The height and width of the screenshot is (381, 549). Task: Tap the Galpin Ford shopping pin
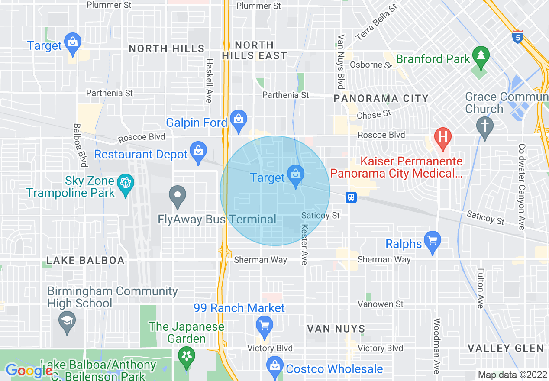[x=238, y=121]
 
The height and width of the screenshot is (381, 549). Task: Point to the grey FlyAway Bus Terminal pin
[x=177, y=197]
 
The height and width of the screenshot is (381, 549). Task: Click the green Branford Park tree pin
[x=481, y=57]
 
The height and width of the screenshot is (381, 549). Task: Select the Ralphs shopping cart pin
[x=432, y=243]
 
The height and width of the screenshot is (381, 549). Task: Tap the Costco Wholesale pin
[x=274, y=367]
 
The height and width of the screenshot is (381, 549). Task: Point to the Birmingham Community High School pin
[x=67, y=323]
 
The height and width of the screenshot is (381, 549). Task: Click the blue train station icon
[x=351, y=197]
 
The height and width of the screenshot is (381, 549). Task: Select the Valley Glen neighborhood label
[x=506, y=348]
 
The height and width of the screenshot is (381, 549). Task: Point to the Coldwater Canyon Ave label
[x=522, y=187]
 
